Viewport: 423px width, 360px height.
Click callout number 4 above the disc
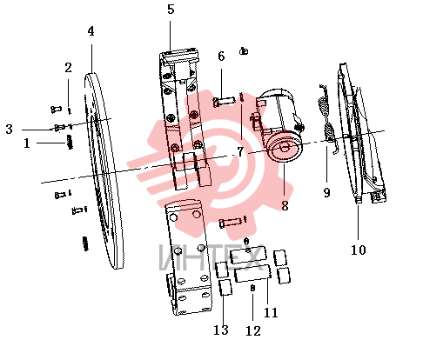pos(91,31)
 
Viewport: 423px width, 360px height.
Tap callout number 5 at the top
pos(171,10)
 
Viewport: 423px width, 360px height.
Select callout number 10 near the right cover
pos(359,250)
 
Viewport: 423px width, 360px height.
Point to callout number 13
pos(221,330)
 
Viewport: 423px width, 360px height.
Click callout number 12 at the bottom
pos(253,330)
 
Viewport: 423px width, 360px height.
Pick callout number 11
pos(271,312)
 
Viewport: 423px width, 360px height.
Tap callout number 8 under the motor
pos(285,206)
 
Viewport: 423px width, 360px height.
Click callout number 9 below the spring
pos(326,192)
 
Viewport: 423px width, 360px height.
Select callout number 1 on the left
pos(27,143)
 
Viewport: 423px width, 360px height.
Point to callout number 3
pos(10,129)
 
